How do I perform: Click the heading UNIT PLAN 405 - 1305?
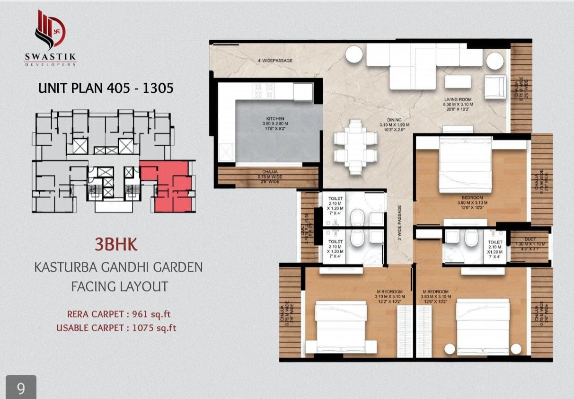click(105, 88)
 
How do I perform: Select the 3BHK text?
click(116, 244)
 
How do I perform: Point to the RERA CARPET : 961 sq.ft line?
click(116, 314)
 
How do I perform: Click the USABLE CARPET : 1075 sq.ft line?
click(116, 328)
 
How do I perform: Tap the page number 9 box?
click(21, 388)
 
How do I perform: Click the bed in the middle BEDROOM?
click(465, 165)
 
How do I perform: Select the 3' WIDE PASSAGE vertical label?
click(399, 222)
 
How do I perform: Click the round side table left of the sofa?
click(354, 54)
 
